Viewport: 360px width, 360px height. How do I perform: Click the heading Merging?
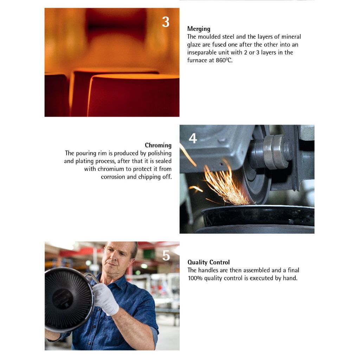coord(199,29)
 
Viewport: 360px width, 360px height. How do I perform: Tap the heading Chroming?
coord(158,145)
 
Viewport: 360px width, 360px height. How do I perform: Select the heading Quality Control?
coord(208,262)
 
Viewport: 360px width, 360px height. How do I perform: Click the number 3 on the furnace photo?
coord(166,22)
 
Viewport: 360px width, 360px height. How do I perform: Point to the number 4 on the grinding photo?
coord(193,138)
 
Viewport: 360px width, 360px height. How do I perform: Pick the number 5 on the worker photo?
coord(166,256)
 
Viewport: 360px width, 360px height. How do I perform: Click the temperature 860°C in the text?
coord(224,60)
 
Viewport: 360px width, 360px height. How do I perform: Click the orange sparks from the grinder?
coord(226,184)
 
